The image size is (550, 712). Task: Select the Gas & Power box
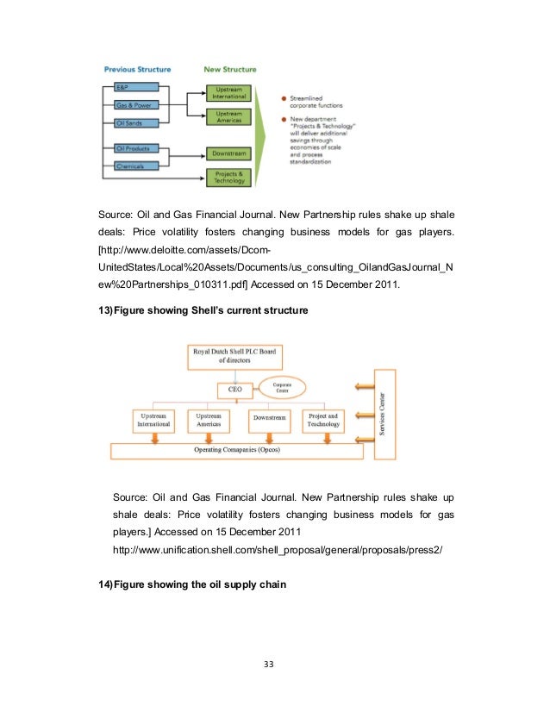(135, 105)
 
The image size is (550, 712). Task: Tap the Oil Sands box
(135, 123)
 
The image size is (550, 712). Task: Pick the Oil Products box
(135, 149)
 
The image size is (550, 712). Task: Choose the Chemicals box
(135, 166)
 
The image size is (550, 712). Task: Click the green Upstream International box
(228, 92)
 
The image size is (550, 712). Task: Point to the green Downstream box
(228, 153)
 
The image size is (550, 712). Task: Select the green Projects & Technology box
(228, 177)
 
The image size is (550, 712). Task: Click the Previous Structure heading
(137, 69)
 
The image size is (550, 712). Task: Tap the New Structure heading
(228, 69)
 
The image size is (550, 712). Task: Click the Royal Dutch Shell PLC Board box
(243, 355)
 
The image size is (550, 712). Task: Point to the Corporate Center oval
(289, 389)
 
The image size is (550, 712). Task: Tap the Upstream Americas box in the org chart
(208, 420)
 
